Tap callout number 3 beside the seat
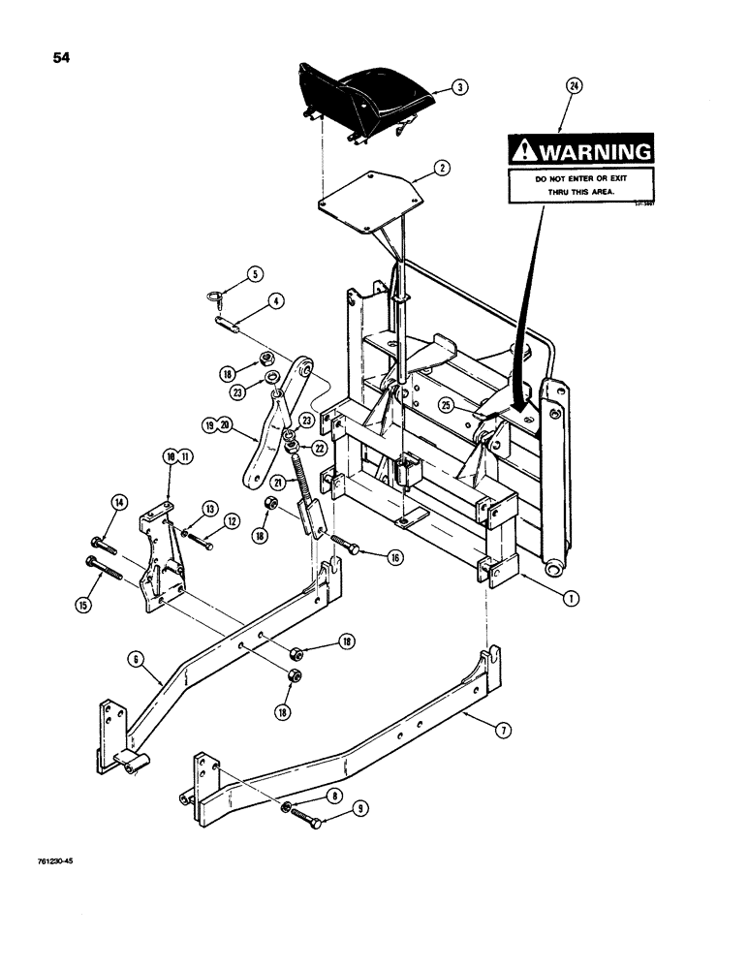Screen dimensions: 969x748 click(x=461, y=87)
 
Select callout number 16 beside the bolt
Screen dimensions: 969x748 click(x=394, y=557)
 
